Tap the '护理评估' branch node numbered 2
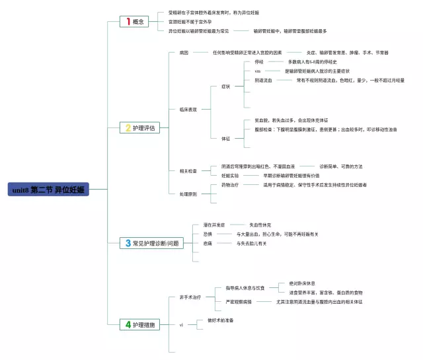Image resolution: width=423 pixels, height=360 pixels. pyautogui.click(x=139, y=128)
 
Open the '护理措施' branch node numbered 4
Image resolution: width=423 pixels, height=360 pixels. pyautogui.click(x=139, y=325)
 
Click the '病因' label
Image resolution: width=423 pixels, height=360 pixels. pyautogui.click(x=183, y=52)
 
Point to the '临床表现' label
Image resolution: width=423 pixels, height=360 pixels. pyautogui.click(x=188, y=110)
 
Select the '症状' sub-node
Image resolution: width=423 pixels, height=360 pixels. pyautogui.click(x=225, y=87)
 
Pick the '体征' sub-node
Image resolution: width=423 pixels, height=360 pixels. pyautogui.click(x=225, y=138)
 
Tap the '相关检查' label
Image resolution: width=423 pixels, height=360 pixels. pyautogui.click(x=188, y=171)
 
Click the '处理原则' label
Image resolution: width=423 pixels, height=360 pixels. pyautogui.click(x=188, y=194)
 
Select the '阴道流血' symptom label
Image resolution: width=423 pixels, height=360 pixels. pyautogui.click(x=263, y=81)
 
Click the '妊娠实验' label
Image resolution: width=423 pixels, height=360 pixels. pyautogui.click(x=230, y=176)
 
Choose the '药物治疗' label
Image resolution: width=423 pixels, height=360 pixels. pyautogui.click(x=230, y=185)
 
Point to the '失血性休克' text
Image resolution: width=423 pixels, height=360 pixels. pyautogui.click(x=259, y=225)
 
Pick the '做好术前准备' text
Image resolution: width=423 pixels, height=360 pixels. pyautogui.click(x=220, y=320)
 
